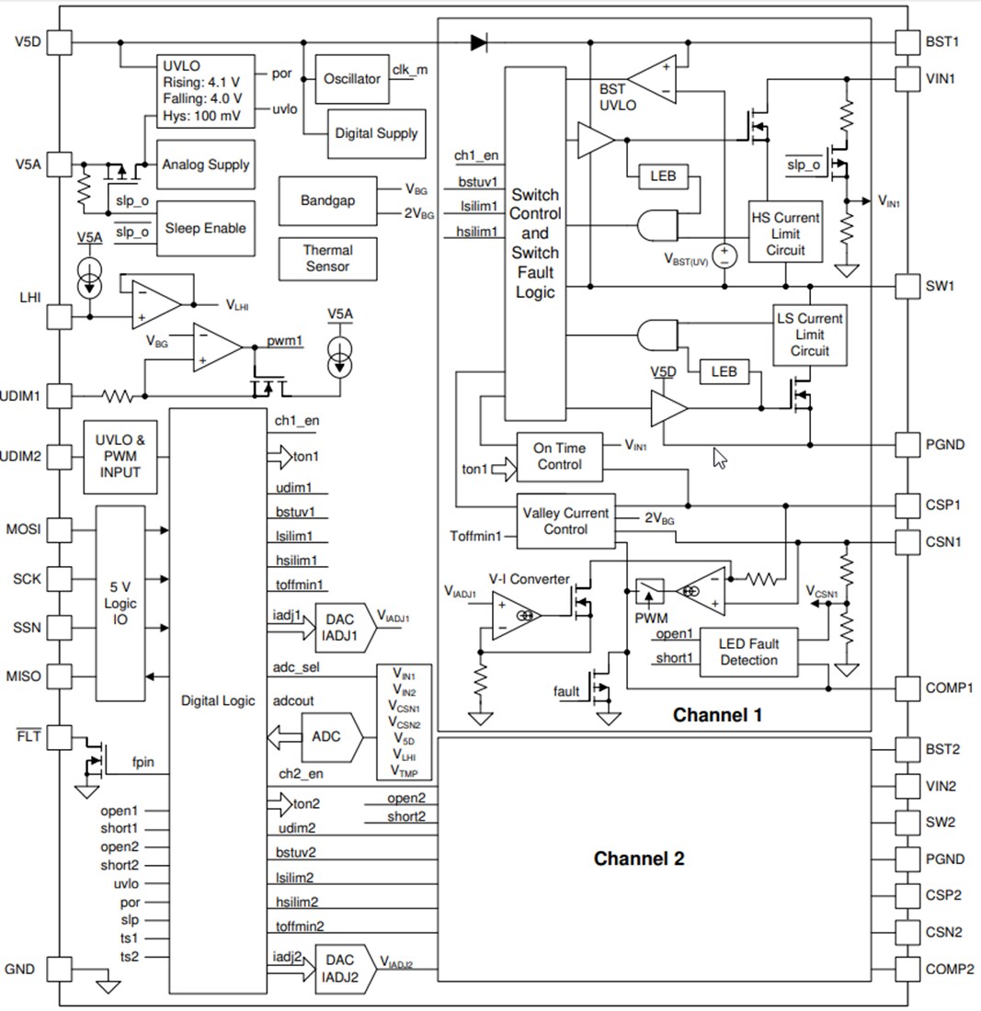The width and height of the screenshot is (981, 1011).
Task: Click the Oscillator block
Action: point(352,79)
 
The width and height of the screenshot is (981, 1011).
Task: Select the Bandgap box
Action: point(327,200)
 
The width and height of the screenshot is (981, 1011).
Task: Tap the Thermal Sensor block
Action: point(327,258)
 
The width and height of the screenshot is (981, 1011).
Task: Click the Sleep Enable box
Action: point(205,228)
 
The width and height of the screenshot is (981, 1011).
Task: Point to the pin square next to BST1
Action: point(907,41)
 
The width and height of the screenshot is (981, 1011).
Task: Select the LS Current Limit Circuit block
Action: point(809,335)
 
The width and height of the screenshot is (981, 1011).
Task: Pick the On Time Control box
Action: point(559,456)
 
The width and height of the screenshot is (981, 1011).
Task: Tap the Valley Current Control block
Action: point(565,521)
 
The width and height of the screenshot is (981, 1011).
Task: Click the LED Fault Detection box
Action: point(748,652)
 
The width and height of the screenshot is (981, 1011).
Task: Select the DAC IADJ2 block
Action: point(338,967)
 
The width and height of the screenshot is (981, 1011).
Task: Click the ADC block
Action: point(326,737)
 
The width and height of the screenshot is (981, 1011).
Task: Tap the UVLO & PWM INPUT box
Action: point(120,456)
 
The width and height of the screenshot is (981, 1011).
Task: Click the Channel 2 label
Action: point(639,859)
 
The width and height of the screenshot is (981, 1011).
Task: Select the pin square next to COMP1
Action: point(907,687)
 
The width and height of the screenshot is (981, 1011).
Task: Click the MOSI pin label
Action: point(23,529)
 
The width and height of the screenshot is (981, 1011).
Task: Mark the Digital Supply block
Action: point(376,133)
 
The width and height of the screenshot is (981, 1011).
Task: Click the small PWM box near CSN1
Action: point(651,589)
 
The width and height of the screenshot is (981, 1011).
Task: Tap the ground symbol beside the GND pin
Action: point(108,985)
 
